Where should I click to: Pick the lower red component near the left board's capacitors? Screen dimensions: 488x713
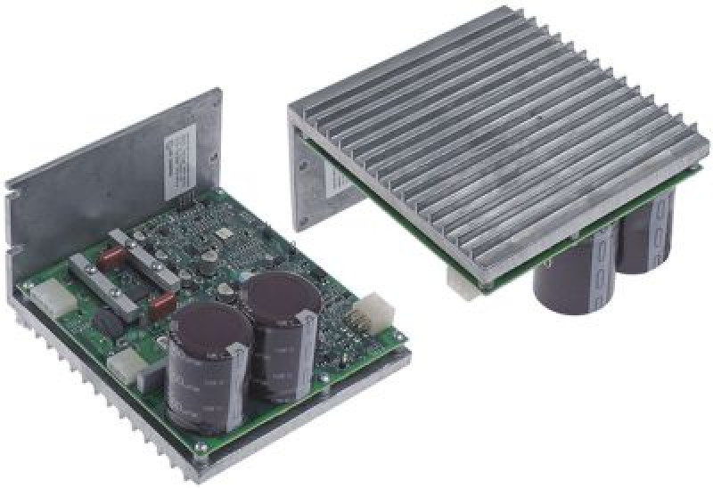coord(162,306)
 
